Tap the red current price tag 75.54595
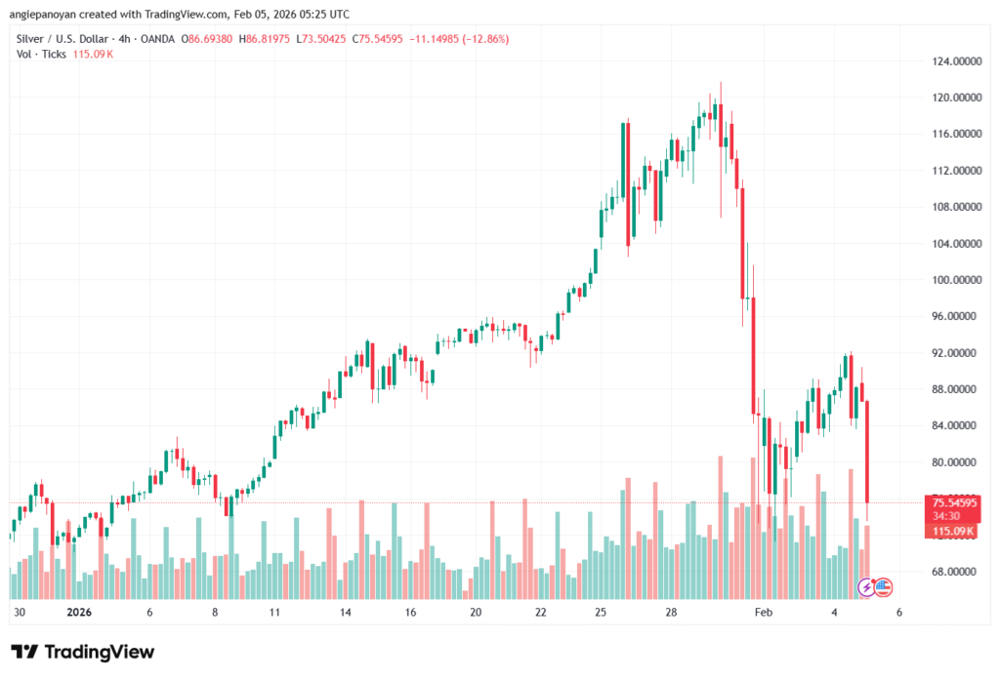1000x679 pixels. click(953, 503)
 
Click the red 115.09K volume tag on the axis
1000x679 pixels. click(953, 531)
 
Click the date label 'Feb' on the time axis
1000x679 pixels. click(764, 613)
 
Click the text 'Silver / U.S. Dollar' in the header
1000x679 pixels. click(58, 39)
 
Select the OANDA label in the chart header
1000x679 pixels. click(157, 39)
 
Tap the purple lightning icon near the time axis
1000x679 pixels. click(866, 587)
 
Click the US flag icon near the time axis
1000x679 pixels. click(883, 587)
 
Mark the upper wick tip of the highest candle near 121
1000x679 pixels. click(721, 83)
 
